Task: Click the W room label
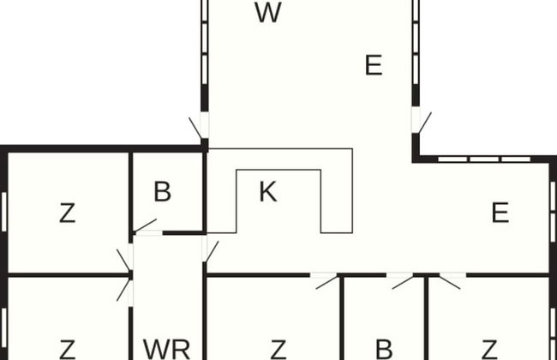click(x=268, y=14)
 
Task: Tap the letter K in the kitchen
click(x=267, y=192)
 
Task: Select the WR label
click(x=166, y=349)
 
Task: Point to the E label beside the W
click(x=373, y=65)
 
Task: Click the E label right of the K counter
click(x=500, y=213)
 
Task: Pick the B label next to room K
click(x=162, y=192)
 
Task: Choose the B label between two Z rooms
click(x=384, y=349)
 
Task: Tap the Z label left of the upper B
click(x=67, y=213)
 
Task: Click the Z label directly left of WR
click(x=67, y=349)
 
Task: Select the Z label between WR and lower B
click(x=278, y=349)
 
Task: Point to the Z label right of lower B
click(x=489, y=349)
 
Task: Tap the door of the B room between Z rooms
click(x=399, y=279)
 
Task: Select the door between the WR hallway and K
click(x=208, y=250)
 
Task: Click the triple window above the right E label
click(x=484, y=159)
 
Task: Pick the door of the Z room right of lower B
click(x=451, y=279)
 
